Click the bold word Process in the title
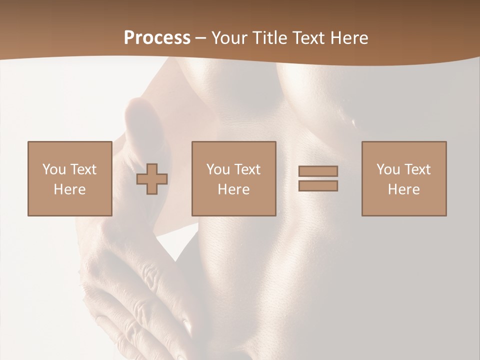click(157, 38)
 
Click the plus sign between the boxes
click(152, 179)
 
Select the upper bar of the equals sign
click(318, 171)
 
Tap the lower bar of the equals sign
click(318, 186)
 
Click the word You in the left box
click(54, 169)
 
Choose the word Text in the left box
click(83, 169)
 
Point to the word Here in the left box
click(69, 189)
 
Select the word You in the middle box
click(218, 169)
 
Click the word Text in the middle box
click(247, 169)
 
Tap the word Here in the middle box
click(233, 189)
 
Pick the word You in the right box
click(388, 169)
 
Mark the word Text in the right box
click(417, 169)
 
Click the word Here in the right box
click(403, 189)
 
